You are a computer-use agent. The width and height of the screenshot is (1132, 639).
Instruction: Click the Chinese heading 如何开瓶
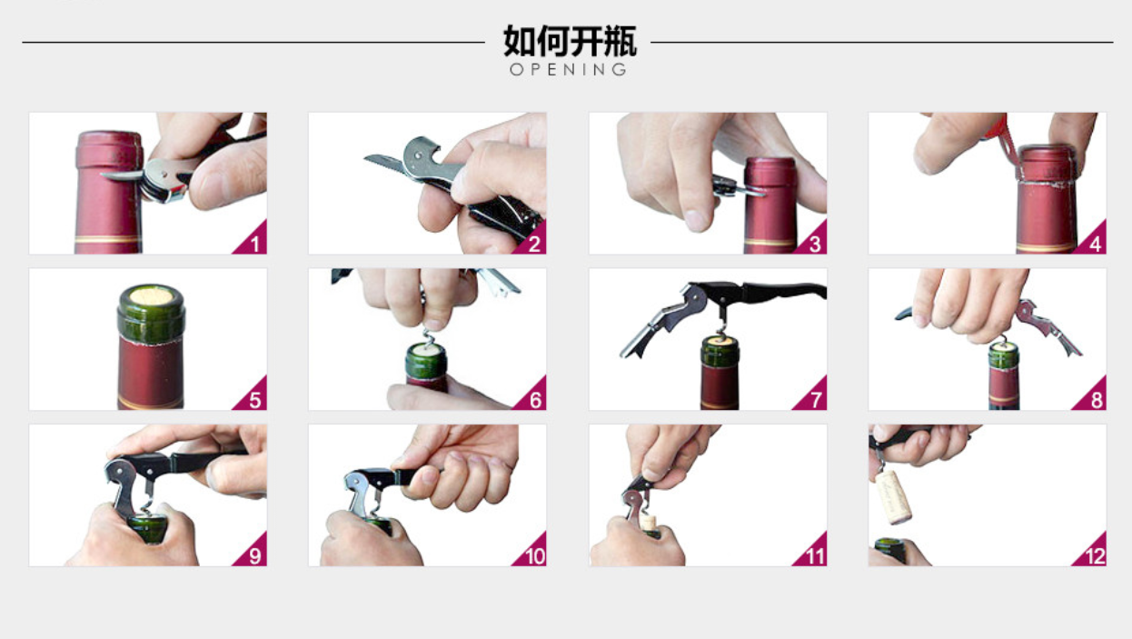click(570, 41)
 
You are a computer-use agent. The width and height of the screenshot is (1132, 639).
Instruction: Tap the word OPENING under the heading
click(569, 69)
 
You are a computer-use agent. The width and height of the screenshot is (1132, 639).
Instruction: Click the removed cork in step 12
click(893, 497)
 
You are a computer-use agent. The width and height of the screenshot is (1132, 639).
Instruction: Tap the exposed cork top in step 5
click(151, 295)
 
